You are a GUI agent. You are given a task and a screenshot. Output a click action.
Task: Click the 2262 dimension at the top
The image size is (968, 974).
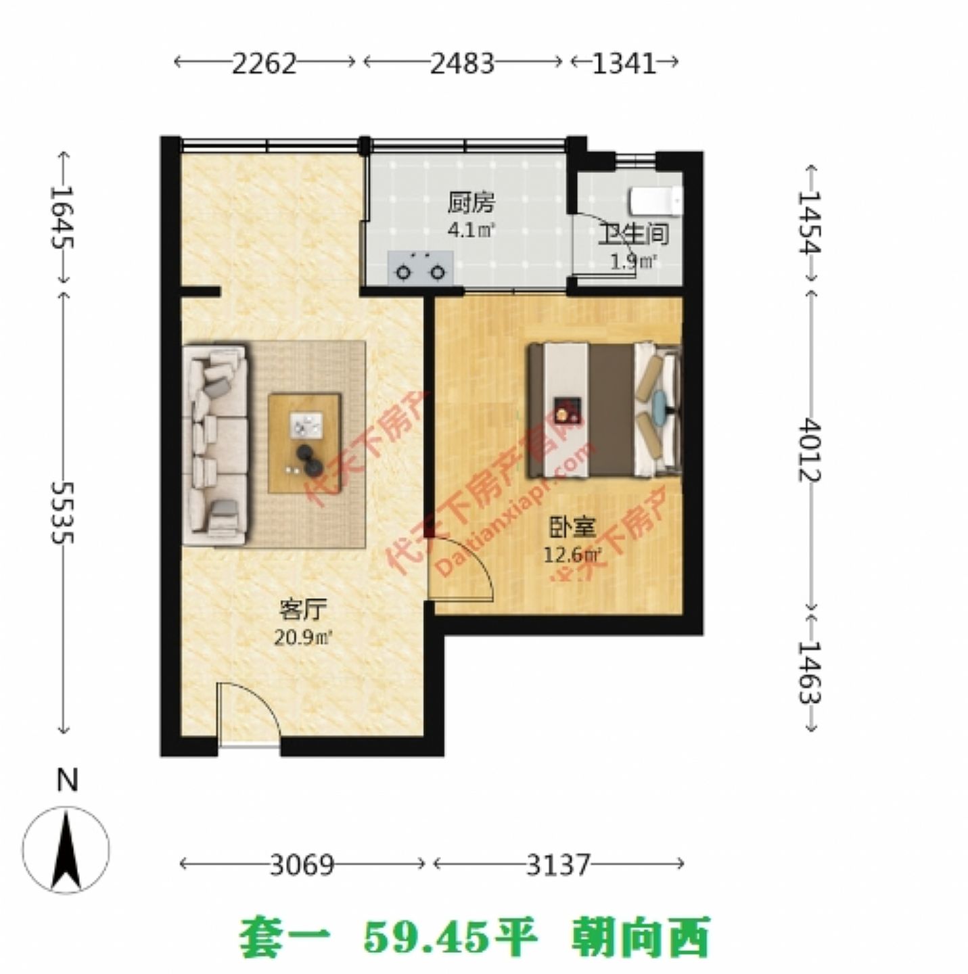tap(264, 64)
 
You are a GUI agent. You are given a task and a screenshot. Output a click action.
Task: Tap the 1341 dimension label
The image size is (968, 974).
tap(624, 64)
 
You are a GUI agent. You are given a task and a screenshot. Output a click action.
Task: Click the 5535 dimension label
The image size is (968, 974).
tap(63, 512)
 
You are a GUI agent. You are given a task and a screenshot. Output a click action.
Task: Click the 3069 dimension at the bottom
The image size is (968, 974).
tap(302, 864)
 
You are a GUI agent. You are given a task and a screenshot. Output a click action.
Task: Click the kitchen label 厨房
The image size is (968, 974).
tap(471, 202)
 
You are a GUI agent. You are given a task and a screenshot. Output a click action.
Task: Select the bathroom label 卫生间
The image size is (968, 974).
tap(632, 234)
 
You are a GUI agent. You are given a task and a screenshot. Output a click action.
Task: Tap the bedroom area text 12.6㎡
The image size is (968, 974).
tap(572, 555)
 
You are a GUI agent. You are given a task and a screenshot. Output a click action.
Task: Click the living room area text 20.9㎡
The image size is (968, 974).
tap(302, 637)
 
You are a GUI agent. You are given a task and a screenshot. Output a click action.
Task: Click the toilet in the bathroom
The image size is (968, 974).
tap(655, 201)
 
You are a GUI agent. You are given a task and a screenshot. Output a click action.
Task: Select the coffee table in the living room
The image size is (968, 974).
tap(304, 443)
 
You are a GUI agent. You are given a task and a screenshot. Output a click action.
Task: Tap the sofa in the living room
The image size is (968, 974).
tap(215, 444)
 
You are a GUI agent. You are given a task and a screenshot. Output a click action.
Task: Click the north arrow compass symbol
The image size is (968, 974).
tap(66, 850)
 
